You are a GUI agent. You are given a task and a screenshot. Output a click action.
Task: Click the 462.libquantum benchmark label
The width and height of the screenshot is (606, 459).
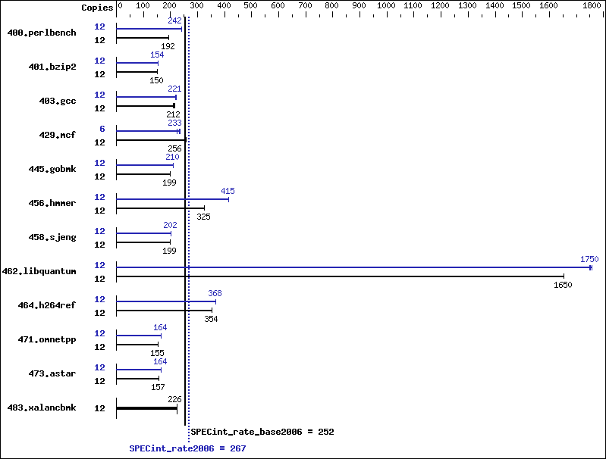click(x=39, y=271)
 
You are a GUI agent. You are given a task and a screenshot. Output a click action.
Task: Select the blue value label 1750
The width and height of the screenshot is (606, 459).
click(x=589, y=259)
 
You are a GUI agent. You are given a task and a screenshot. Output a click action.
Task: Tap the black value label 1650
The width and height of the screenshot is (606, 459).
click(x=563, y=285)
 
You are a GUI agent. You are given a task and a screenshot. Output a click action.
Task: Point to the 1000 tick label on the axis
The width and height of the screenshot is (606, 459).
click(x=386, y=6)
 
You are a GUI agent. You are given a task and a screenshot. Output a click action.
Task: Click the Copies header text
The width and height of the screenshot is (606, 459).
click(x=97, y=8)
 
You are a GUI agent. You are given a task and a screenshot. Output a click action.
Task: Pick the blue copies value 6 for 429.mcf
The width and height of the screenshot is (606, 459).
click(x=102, y=129)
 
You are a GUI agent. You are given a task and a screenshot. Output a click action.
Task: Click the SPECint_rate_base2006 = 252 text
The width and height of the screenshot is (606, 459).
click(x=262, y=432)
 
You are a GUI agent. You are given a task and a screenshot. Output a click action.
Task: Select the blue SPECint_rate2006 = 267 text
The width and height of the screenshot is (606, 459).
click(x=187, y=448)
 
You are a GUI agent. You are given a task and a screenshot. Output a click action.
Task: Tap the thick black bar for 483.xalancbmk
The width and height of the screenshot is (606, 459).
click(x=146, y=408)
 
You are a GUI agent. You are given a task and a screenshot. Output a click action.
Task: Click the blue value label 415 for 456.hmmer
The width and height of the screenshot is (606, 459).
click(x=228, y=191)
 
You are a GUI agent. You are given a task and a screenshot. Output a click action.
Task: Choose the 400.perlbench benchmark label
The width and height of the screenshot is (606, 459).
click(x=42, y=33)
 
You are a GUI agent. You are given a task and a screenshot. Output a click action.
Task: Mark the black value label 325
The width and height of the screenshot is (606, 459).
click(x=203, y=217)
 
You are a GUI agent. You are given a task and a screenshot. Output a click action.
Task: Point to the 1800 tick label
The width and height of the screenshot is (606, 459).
click(x=592, y=6)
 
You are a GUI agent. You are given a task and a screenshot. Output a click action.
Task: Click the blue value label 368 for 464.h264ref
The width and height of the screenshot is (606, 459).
click(x=215, y=293)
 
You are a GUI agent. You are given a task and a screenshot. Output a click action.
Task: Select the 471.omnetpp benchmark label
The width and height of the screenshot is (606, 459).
click(x=47, y=340)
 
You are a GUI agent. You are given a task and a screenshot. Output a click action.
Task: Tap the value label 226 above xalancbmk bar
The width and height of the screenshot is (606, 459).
click(x=174, y=399)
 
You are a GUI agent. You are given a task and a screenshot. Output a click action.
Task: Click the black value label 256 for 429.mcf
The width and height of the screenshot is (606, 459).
click(x=174, y=148)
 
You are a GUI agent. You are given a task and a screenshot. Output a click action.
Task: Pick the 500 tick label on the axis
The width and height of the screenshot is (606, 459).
click(x=250, y=6)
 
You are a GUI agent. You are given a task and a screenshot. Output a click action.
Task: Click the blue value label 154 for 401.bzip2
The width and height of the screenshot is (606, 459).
click(x=157, y=55)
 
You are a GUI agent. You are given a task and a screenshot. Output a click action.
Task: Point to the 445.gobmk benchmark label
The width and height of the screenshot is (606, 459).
click(x=52, y=169)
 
